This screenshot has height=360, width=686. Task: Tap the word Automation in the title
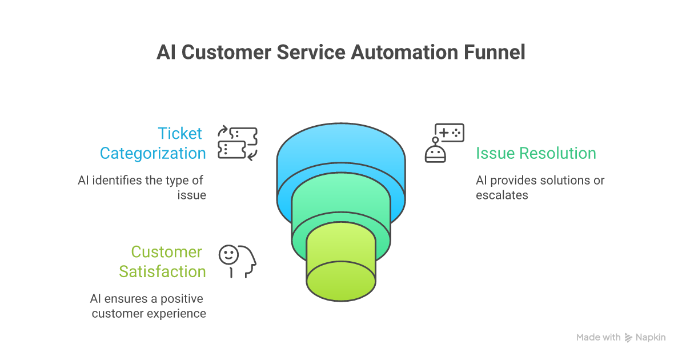tap(403, 53)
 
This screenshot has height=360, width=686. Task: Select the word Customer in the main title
tap(227, 53)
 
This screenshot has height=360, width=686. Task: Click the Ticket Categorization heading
tap(153, 143)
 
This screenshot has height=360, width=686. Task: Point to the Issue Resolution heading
tap(536, 153)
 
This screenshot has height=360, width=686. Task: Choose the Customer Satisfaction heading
tap(163, 262)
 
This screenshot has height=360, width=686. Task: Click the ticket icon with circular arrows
tap(238, 143)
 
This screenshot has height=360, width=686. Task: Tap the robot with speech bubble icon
tap(444, 143)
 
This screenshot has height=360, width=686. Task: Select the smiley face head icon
tap(238, 261)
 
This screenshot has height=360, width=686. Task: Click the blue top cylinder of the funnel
tap(341, 149)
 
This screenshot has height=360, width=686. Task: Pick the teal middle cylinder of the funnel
tap(341, 200)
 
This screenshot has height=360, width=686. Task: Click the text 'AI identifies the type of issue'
tap(142, 187)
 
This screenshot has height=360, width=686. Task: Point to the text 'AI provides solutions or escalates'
tap(540, 187)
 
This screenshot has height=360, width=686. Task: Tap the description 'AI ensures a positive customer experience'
tap(148, 306)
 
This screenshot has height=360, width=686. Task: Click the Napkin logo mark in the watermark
tap(628, 337)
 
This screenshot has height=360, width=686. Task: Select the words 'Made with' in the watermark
tap(598, 337)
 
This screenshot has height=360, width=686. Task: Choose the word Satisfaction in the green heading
tap(163, 271)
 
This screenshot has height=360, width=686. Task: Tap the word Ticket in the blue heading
tap(180, 134)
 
